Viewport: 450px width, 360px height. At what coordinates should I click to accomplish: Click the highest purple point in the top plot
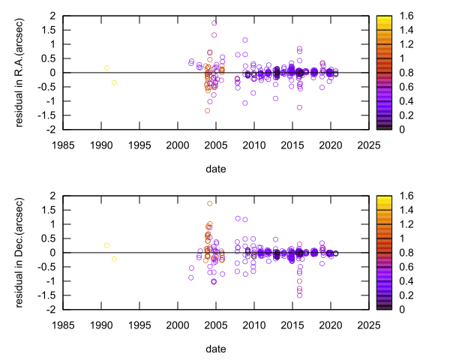pyautogui.click(x=214, y=22)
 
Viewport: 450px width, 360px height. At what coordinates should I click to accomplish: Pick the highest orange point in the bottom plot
pyautogui.click(x=209, y=203)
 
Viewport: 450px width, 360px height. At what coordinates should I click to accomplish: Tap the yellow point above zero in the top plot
pyautogui.click(x=106, y=67)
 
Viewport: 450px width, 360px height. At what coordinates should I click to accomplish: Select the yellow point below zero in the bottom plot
pyautogui.click(x=114, y=259)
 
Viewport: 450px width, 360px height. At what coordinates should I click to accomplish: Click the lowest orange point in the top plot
pyautogui.click(x=207, y=110)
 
